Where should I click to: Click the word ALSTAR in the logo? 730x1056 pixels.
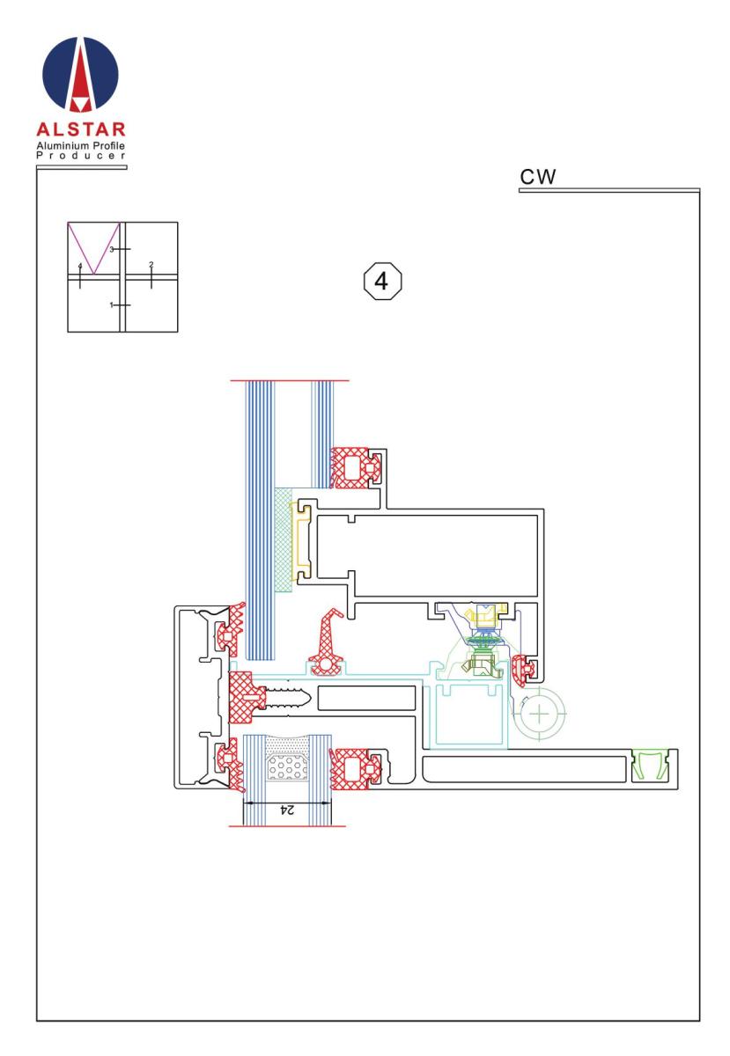81,129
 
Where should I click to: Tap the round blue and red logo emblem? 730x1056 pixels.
80,75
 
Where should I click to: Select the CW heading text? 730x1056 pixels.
537,177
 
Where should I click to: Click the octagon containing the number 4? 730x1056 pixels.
382,281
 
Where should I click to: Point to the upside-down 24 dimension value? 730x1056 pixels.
286,810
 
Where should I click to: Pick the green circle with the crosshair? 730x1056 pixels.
539,714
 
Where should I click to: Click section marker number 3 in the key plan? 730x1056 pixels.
112,249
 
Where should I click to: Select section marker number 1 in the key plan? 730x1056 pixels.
111,305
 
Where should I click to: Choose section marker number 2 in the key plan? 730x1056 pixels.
151,265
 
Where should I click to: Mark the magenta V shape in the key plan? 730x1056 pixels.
94,248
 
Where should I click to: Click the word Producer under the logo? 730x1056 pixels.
81,156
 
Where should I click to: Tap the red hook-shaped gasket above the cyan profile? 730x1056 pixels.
327,642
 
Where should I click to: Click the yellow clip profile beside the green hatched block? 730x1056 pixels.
301,542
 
